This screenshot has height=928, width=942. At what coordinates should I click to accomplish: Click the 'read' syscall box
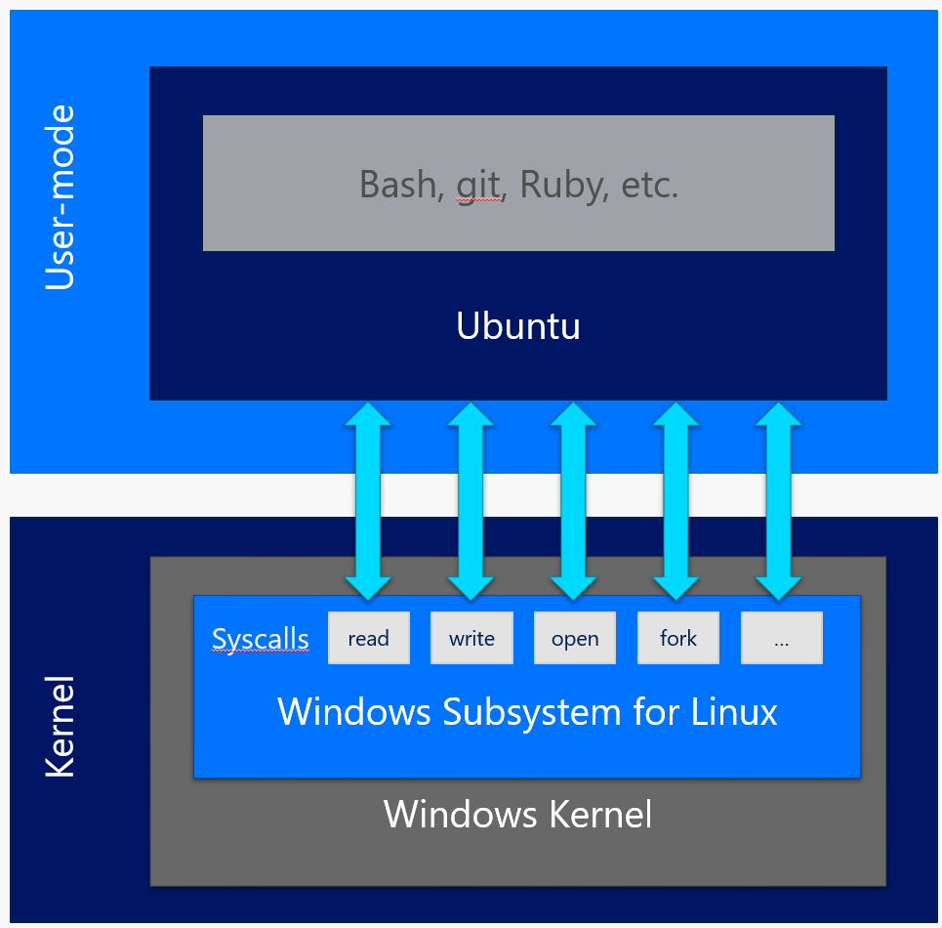click(368, 639)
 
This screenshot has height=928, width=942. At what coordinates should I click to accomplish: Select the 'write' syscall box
click(471, 639)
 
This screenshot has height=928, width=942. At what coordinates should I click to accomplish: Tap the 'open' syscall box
click(575, 639)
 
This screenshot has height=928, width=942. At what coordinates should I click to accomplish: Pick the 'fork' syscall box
click(678, 639)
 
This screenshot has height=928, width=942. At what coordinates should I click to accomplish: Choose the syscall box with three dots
click(781, 639)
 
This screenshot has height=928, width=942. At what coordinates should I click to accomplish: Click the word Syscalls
click(261, 640)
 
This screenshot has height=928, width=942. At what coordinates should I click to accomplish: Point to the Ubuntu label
click(518, 326)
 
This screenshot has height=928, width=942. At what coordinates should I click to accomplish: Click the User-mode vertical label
click(61, 197)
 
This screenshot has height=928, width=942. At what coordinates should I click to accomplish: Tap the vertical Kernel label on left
click(61, 725)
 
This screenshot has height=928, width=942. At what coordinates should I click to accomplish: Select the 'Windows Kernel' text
click(517, 814)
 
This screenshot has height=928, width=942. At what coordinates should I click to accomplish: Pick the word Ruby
click(562, 184)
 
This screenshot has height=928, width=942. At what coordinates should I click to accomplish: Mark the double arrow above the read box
click(368, 499)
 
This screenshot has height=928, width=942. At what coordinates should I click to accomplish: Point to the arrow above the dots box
click(779, 499)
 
